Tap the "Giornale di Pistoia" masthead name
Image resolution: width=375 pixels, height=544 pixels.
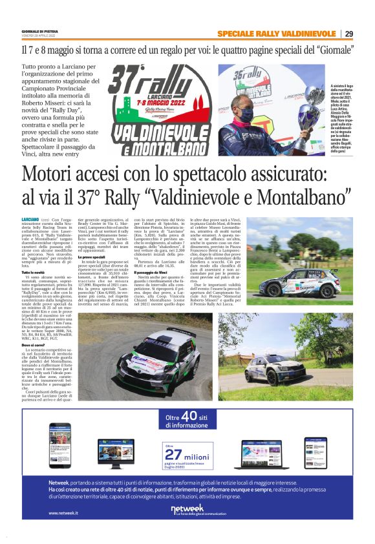click(x=36, y=31)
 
